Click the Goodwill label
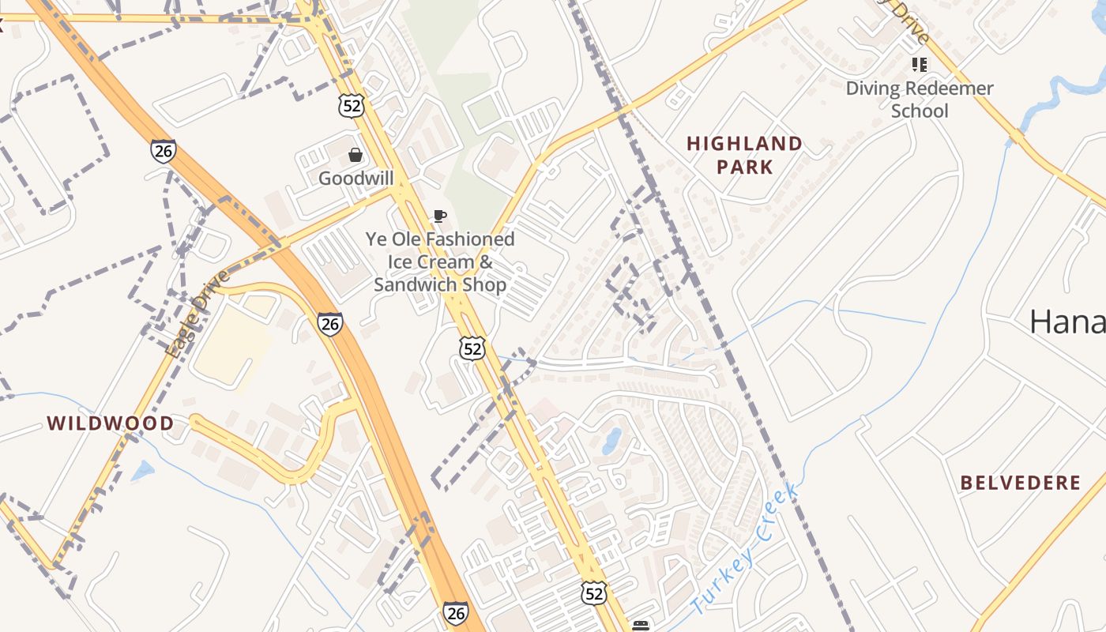click(x=355, y=179)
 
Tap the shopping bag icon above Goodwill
click(x=355, y=155)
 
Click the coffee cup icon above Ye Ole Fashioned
click(x=440, y=216)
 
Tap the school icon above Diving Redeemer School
click(x=919, y=64)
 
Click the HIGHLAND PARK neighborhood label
click(x=744, y=155)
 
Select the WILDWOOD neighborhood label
click(x=111, y=423)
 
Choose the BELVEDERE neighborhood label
click(x=1021, y=483)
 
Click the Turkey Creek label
click(x=746, y=551)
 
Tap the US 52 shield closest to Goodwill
click(x=351, y=105)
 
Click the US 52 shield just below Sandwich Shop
click(x=472, y=348)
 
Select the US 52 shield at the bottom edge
click(x=594, y=593)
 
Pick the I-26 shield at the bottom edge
click(x=455, y=613)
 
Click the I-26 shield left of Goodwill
click(x=164, y=150)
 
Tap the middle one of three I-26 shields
click(x=330, y=322)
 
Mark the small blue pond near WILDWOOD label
click(x=143, y=472)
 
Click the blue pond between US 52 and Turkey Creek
click(x=611, y=441)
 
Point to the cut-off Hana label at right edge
click(x=1067, y=322)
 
